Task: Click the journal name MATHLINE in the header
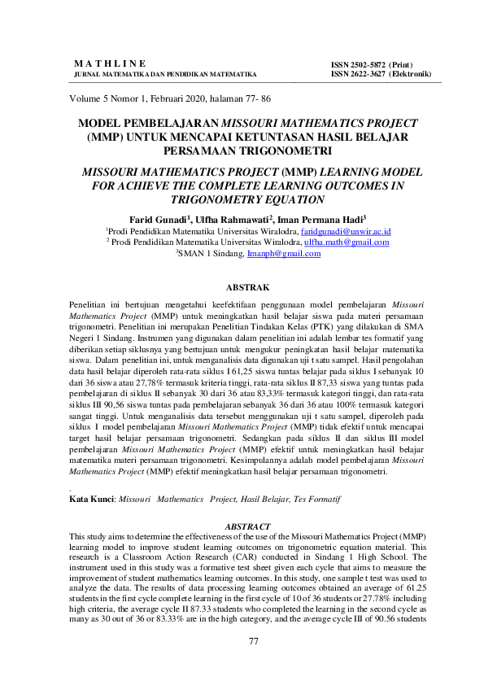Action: tap(110, 63)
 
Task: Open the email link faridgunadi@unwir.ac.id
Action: tap(347, 231)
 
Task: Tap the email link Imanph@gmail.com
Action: tap(284, 254)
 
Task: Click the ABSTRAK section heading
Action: tap(242, 287)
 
